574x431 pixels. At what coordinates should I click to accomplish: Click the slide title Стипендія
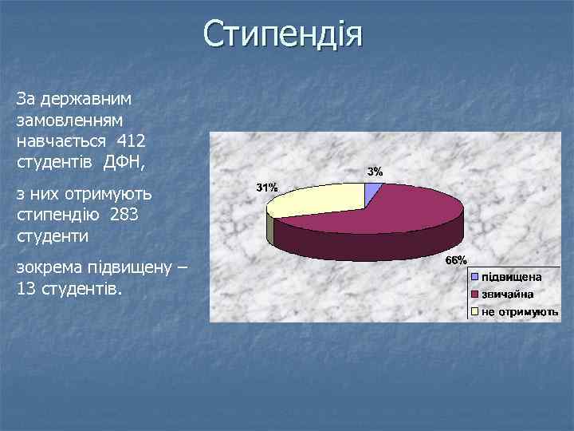tap(282, 35)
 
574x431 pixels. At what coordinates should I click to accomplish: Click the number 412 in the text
tap(131, 140)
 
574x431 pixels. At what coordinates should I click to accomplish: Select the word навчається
tap(62, 140)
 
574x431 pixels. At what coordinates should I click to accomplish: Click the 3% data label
tap(374, 172)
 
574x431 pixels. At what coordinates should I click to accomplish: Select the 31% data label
tap(266, 188)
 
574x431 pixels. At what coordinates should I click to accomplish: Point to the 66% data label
tap(455, 261)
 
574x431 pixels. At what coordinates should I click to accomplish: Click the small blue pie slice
tap(372, 191)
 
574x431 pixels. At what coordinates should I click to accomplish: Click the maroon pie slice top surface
tap(399, 212)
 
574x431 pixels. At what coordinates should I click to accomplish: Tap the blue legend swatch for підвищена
tap(474, 277)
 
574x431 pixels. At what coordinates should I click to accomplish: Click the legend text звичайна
tap(507, 294)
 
